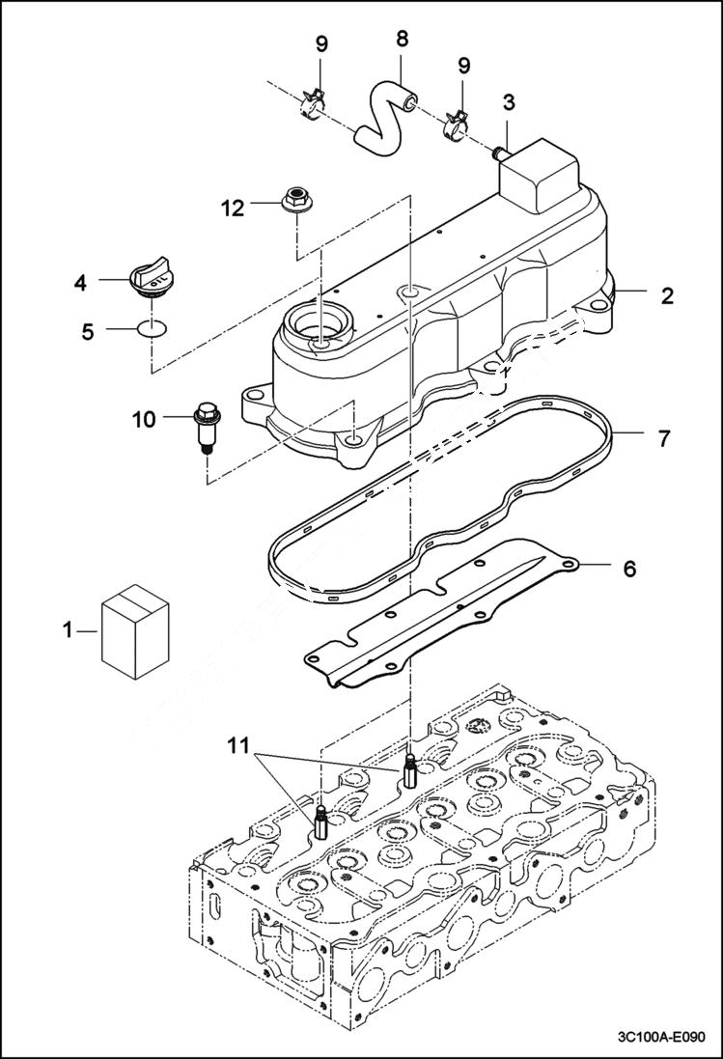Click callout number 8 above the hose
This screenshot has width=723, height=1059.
coord(403,40)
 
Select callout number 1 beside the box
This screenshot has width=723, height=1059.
coord(68,630)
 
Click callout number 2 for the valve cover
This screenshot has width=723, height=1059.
coord(667,295)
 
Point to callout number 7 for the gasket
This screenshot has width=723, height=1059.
coord(664,438)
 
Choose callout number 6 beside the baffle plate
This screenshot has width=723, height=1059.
coord(629,569)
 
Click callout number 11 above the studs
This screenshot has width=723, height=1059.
coord(238,744)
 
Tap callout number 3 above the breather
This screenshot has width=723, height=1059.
coord(509,102)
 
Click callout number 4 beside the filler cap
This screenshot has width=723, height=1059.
coord(81,283)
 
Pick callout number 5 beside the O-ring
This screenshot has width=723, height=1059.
coord(88,331)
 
